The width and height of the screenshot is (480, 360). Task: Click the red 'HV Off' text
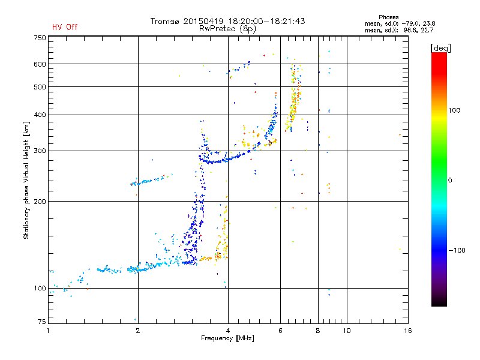pos(64,27)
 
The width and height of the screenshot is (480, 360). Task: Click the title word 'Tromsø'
pos(166,21)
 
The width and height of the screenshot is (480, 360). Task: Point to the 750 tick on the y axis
pos(40,38)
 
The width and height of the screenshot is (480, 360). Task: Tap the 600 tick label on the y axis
pos(40,64)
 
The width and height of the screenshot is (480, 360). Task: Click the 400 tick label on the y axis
pos(40,115)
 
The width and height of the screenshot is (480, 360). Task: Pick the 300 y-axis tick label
pos(40,151)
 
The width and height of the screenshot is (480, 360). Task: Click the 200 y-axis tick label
pos(40,202)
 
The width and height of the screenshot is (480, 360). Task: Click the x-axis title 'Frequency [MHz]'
pos(227,339)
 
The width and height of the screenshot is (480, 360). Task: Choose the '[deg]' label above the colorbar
pos(440,47)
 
